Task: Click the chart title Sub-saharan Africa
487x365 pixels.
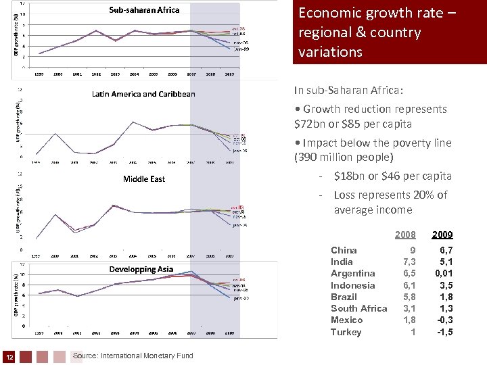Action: [x=145, y=10]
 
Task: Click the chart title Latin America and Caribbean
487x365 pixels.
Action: [x=143, y=94]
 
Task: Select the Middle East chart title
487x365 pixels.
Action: [x=144, y=179]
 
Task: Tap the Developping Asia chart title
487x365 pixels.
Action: [x=142, y=269]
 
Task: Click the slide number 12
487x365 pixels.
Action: [x=9, y=356]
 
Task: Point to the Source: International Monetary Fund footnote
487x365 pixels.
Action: [x=133, y=356]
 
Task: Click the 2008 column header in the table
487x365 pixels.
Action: [x=405, y=235]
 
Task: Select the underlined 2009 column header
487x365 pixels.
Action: [x=443, y=235]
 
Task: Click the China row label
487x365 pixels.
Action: [x=344, y=250]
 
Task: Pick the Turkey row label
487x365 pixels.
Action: [x=346, y=332]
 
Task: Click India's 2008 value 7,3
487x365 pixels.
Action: [x=409, y=262]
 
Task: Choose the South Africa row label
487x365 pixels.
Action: [x=358, y=308]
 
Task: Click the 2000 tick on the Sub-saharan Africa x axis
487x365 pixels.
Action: [x=58, y=72]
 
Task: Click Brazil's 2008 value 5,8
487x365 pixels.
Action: [x=409, y=297]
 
